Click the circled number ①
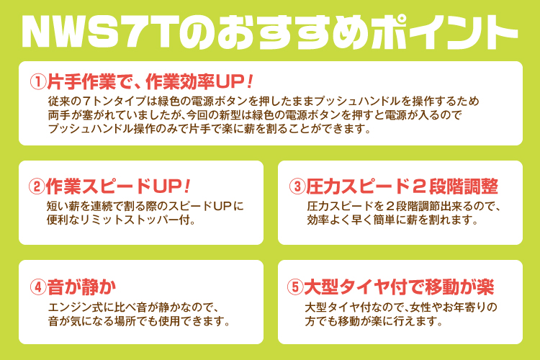point(38,82)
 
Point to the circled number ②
point(37,186)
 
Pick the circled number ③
point(297,186)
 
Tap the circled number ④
point(38,287)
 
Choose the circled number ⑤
point(295,287)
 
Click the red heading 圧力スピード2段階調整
point(402,186)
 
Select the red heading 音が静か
point(81,287)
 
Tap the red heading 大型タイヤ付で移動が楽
point(399,287)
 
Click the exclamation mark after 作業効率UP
point(250,82)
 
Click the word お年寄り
point(465,307)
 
